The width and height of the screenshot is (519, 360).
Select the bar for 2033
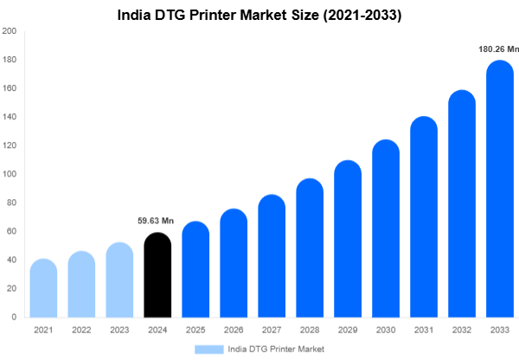(500, 190)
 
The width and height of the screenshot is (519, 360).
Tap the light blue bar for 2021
(43, 290)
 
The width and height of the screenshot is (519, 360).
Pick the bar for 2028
(310, 249)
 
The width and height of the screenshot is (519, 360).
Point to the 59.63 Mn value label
(157, 221)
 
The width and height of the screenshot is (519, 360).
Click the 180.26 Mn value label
(497, 49)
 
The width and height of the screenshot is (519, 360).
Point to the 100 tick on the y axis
(10, 174)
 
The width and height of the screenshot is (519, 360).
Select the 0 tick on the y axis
(14, 317)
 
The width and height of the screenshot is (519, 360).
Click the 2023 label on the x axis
(119, 330)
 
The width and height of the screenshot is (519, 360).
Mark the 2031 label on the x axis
(424, 330)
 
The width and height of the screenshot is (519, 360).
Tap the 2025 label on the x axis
(195, 330)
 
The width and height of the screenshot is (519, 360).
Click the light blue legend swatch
(210, 349)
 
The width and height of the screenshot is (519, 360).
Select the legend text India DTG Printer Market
(277, 349)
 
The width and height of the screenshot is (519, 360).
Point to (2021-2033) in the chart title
(362, 15)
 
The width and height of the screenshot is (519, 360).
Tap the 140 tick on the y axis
(10, 117)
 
